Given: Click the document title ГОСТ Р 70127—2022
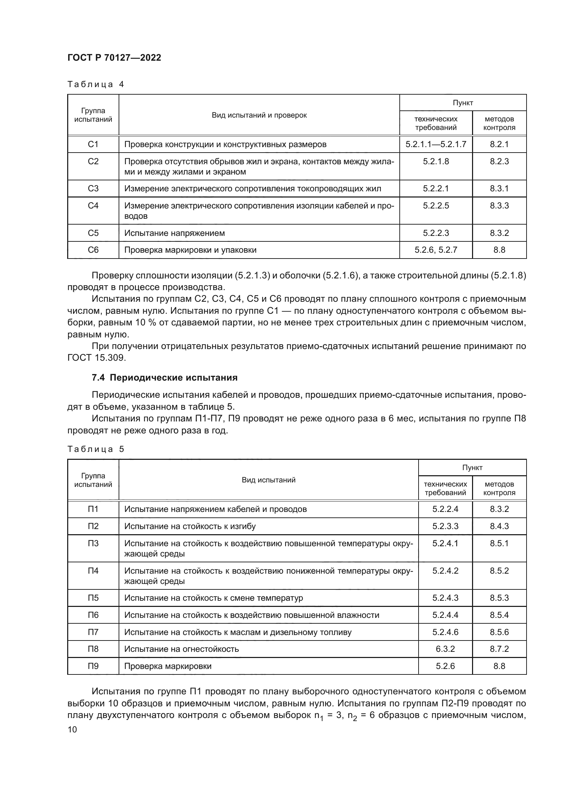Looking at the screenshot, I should [x=114, y=58].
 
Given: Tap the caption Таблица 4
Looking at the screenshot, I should [x=96, y=84].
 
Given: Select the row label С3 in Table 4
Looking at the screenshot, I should [x=93, y=189].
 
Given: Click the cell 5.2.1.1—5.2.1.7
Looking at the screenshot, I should [x=436, y=144].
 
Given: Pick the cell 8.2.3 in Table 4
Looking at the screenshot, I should [x=499, y=161].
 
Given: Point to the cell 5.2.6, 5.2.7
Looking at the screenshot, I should [x=436, y=250].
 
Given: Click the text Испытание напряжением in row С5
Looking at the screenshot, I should [x=174, y=233].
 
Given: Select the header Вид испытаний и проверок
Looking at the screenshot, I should [x=259, y=115].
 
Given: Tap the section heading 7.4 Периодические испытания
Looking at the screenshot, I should [x=165, y=378].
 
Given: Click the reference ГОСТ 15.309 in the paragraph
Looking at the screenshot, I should [x=96, y=358].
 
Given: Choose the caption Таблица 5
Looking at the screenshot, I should [x=96, y=449].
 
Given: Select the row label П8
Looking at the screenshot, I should [x=93, y=649].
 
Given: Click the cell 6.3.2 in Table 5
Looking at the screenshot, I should [x=445, y=649].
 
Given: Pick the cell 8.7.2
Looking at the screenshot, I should [x=499, y=649].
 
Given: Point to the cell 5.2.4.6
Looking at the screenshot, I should [x=445, y=632].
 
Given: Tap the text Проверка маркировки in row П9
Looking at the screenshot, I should [x=168, y=666].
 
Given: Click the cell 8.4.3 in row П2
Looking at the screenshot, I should [x=499, y=526].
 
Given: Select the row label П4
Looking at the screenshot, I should [x=93, y=571].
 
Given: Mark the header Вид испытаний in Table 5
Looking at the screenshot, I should [x=268, y=480].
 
